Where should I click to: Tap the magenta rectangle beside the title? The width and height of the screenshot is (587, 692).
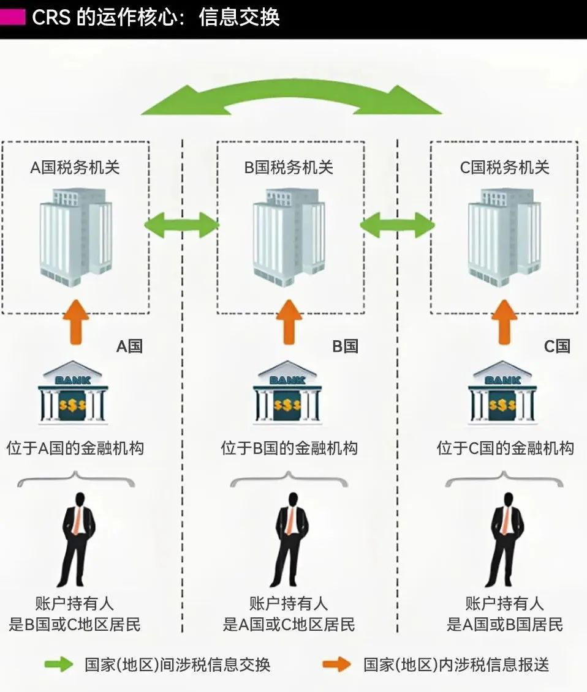pyautogui.click(x=12, y=17)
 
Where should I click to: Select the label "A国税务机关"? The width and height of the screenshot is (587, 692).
pyautogui.click(x=75, y=168)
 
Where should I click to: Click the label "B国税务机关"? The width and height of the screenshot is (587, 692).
pyautogui.click(x=289, y=168)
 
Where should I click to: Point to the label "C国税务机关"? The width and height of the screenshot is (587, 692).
pyautogui.click(x=504, y=168)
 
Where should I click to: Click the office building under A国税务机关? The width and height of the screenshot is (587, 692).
pyautogui.click(x=76, y=233)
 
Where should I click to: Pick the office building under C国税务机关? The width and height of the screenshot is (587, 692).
pyautogui.click(x=504, y=233)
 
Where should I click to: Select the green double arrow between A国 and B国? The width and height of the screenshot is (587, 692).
pyautogui.click(x=181, y=225)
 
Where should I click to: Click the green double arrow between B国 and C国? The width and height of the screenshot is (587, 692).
pyautogui.click(x=397, y=225)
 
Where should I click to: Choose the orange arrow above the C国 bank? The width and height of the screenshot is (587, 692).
pyautogui.click(x=504, y=321)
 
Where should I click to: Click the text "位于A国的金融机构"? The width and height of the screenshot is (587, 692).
pyautogui.click(x=75, y=448)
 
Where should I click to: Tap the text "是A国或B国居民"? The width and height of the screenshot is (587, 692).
pyautogui.click(x=504, y=625)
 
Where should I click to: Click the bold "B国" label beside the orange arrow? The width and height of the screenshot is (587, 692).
pyautogui.click(x=345, y=346)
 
